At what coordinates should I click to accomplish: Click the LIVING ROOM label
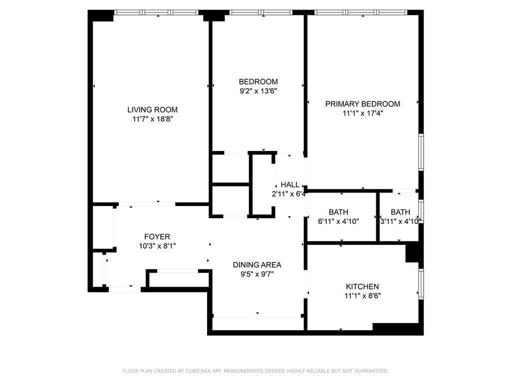152,110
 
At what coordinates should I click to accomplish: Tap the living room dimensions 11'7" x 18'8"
152,119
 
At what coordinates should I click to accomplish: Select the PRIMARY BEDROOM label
363,104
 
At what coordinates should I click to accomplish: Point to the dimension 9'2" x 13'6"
258,91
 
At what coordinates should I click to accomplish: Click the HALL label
290,185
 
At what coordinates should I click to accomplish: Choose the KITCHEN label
362,286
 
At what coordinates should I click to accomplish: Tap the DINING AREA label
257,265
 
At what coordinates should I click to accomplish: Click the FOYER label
157,237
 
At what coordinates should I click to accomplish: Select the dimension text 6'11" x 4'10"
338,221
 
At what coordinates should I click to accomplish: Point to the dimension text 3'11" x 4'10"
400,221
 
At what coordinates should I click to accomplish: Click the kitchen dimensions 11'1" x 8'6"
362,295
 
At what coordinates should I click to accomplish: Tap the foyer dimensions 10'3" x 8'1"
157,246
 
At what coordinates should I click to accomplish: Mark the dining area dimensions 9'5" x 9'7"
257,274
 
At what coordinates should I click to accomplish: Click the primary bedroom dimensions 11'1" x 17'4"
363,113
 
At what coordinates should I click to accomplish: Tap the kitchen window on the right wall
421,284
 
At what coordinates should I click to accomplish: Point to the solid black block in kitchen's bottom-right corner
397,328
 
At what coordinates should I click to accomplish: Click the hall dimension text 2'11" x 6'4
289,194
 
